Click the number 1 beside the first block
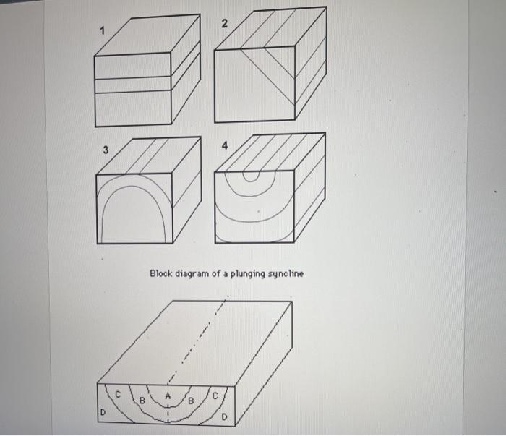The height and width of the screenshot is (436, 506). click(103, 30)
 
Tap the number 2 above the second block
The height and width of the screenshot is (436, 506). click(224, 24)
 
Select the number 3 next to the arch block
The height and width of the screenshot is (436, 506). click(106, 150)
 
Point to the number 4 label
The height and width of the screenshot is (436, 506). click(225, 145)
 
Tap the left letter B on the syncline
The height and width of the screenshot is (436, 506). click(143, 399)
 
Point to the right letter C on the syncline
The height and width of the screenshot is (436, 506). click(215, 395)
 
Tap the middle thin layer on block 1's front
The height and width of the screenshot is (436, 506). click(133, 85)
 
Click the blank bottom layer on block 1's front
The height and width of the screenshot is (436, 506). click(133, 108)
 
